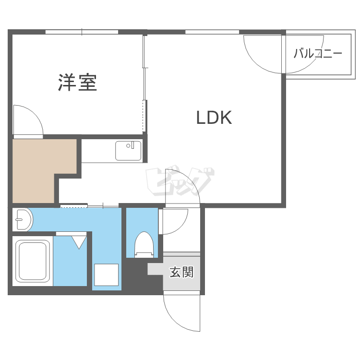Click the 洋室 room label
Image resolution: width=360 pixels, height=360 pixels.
78,83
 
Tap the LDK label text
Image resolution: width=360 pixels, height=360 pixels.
214,118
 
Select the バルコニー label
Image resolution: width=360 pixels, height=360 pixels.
318,53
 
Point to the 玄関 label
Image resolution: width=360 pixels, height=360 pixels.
181,273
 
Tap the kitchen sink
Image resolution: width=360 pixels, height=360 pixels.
128,150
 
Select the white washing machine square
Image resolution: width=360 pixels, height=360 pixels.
106,275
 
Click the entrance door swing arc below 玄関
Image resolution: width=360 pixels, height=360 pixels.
180,312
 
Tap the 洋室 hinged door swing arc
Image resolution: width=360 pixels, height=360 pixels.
28,120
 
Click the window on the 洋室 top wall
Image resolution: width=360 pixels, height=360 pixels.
82,32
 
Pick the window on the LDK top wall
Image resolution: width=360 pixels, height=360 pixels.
212,32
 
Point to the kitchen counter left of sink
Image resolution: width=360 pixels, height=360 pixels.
98,151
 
